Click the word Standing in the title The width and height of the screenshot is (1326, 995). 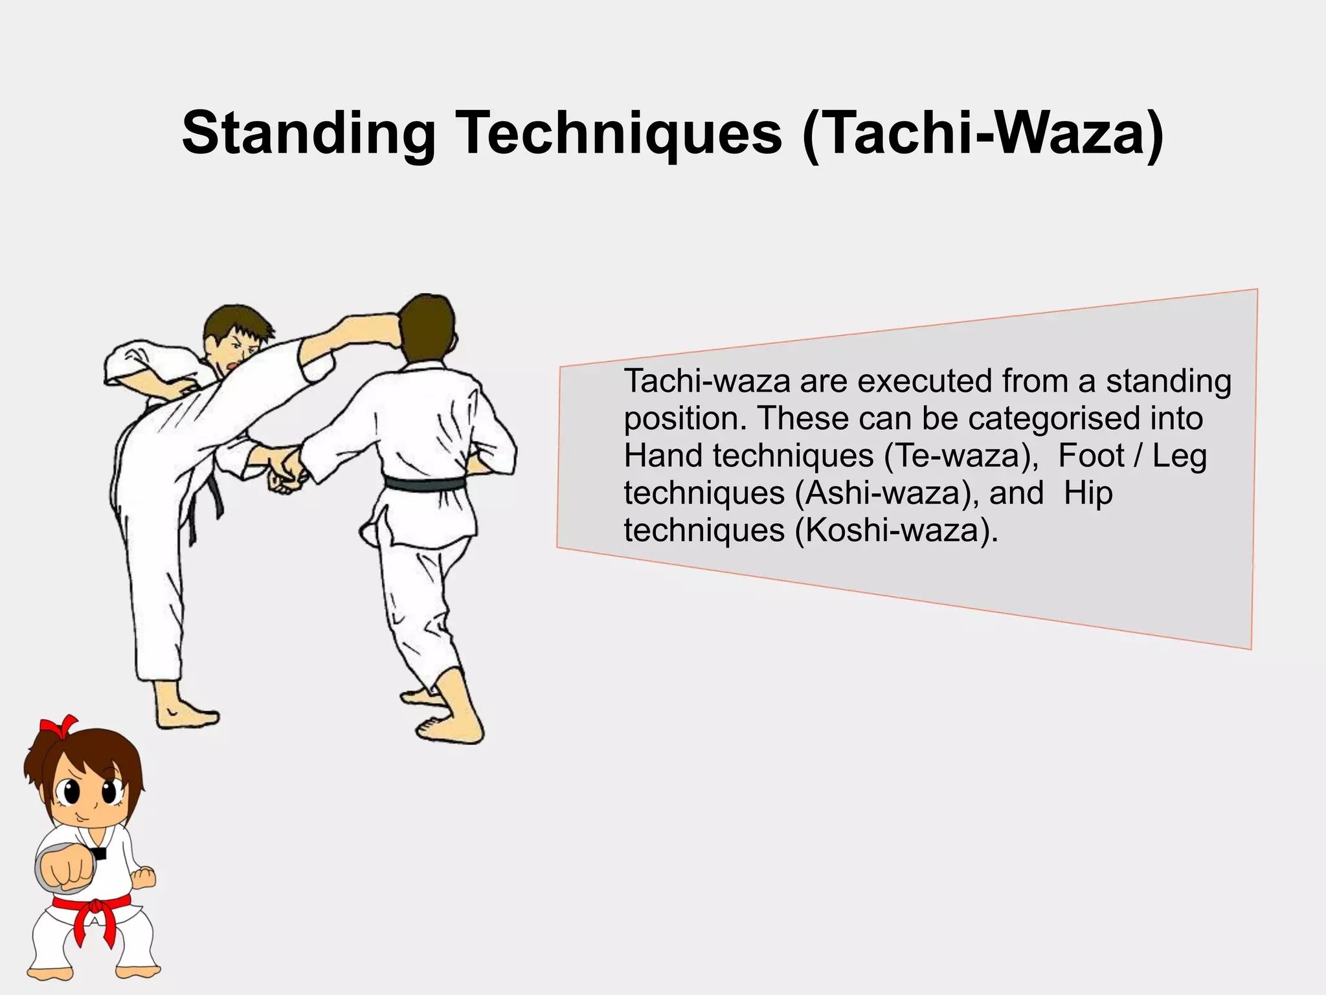(x=308, y=133)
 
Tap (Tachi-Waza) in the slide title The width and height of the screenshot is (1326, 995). (x=982, y=133)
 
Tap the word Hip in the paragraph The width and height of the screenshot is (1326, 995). (x=1088, y=493)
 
